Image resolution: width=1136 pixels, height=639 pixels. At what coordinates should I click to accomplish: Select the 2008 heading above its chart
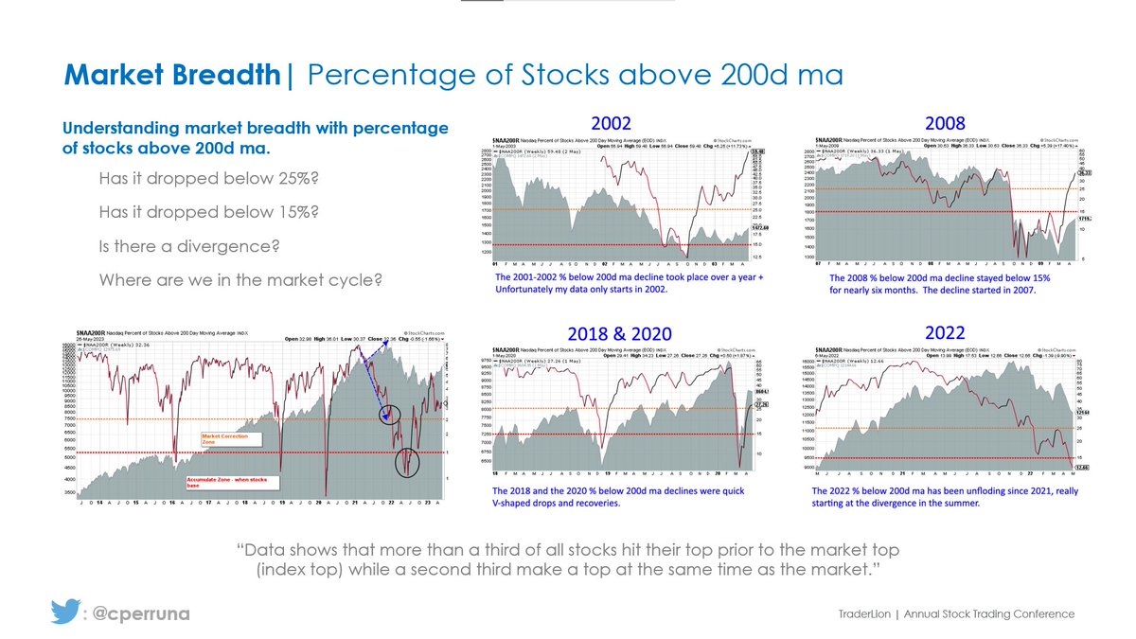944,123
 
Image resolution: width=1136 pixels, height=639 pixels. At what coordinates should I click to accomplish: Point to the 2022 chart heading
943,333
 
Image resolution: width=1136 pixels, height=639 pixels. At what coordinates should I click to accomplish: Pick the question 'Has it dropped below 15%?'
208,212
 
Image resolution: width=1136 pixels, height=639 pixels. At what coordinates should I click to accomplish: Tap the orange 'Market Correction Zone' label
224,439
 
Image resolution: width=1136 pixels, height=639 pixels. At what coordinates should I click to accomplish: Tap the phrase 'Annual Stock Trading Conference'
989,614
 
